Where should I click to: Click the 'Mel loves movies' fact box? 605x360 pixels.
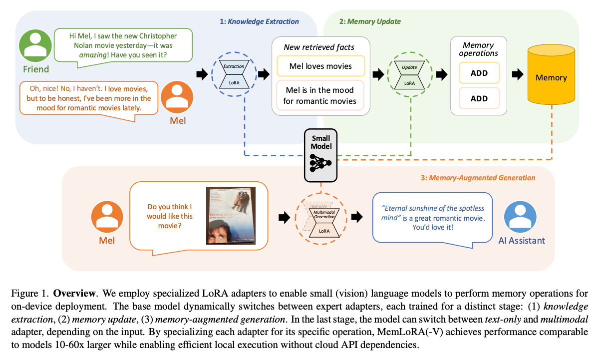pyautogui.click(x=321, y=66)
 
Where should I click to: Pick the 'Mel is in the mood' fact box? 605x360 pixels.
pyautogui.click(x=321, y=95)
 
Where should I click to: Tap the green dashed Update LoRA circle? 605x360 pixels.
pyautogui.click(x=409, y=74)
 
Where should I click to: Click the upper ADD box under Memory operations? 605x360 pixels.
pyautogui.click(x=479, y=73)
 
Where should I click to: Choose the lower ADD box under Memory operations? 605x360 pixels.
pyautogui.click(x=479, y=98)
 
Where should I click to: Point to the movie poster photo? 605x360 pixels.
pyautogui.click(x=231, y=216)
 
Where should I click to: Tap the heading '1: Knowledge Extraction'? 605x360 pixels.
pyautogui.click(x=259, y=21)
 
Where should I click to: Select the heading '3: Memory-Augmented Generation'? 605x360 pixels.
pyautogui.click(x=482, y=178)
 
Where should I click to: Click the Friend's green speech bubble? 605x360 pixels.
pyautogui.click(x=123, y=45)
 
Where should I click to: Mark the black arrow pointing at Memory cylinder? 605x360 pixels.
pyautogui.click(x=520, y=75)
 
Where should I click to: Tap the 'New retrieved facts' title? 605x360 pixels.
pyautogui.click(x=319, y=47)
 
